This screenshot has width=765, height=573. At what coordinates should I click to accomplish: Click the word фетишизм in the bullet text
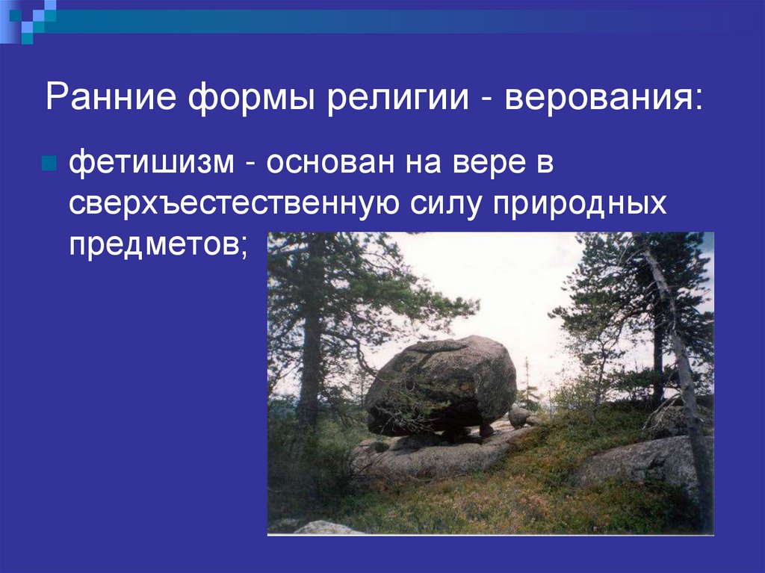point(152,164)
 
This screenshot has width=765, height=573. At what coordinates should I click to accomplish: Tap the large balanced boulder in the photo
point(441,385)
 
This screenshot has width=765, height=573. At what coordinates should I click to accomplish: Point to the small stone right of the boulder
point(519,416)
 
